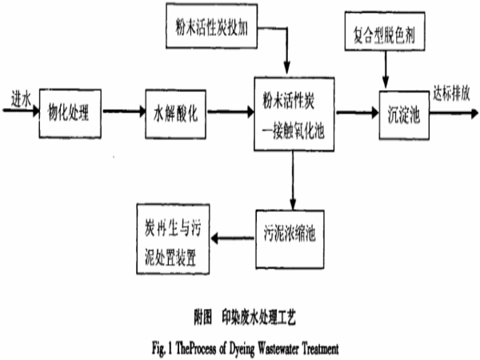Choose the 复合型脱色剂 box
(x=386, y=34)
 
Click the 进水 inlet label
(x=17, y=98)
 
